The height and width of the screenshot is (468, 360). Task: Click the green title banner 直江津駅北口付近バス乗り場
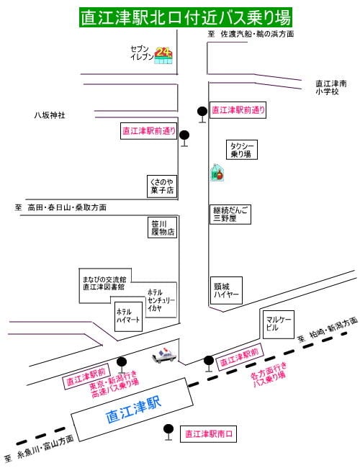[185, 17]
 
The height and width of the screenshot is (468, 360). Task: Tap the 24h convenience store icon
[163, 55]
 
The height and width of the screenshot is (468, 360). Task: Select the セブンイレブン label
[142, 53]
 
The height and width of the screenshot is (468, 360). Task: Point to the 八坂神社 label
[50, 115]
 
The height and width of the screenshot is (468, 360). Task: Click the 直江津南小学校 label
[331, 87]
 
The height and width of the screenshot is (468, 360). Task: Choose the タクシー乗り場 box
[241, 150]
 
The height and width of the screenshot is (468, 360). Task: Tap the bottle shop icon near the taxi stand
[217, 173]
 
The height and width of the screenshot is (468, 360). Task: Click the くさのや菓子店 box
[162, 186]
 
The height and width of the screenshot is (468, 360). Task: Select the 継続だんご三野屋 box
[230, 215]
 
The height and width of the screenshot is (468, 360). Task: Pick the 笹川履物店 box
[163, 228]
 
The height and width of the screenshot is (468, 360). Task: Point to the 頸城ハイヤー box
[226, 290]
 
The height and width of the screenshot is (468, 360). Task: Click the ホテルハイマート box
[128, 316]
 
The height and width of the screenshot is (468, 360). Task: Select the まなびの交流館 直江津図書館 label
[104, 283]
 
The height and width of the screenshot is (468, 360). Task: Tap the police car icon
[164, 355]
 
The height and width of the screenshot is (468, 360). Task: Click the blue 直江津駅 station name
[134, 410]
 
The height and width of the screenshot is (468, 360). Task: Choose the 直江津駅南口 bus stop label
[208, 434]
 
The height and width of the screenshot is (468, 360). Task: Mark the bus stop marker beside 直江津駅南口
[168, 432]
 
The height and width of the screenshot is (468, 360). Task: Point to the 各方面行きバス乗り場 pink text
[269, 374]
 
